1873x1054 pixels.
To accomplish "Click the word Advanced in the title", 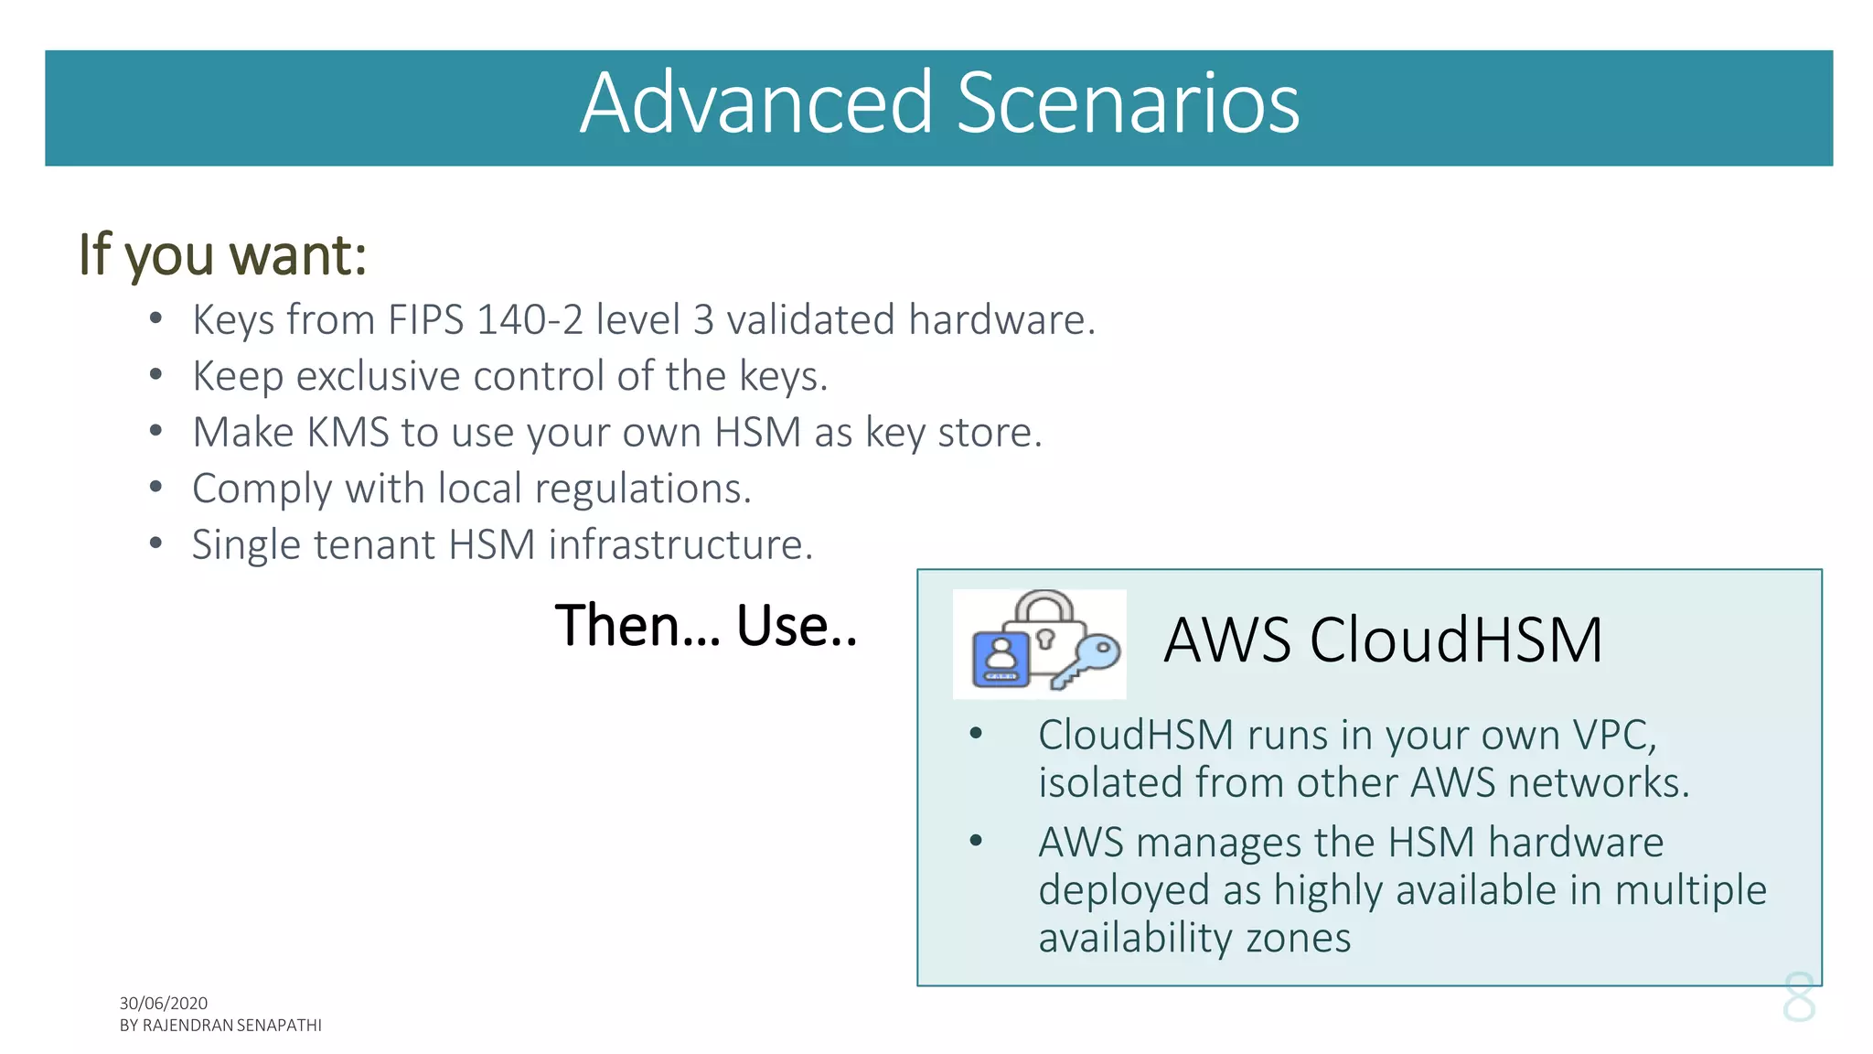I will coord(755,103).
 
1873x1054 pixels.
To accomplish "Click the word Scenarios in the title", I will coord(1127,103).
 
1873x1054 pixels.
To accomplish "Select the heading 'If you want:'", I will coord(222,254).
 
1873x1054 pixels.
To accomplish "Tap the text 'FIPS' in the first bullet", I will coord(425,320).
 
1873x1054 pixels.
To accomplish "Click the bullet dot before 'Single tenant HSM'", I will coord(156,543).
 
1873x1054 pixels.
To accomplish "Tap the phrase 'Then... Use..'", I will coord(706,626).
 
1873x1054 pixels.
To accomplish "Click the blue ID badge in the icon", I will coord(1000,659).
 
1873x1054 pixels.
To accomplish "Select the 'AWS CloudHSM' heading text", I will coord(1382,640).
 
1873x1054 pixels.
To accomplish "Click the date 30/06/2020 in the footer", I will coord(164,1004).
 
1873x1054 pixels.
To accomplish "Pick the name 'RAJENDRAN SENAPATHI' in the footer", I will coord(232,1026).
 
